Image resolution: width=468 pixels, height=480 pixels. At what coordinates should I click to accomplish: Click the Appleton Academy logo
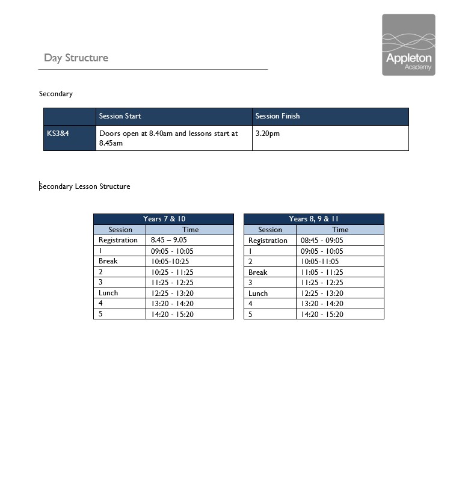[408, 45]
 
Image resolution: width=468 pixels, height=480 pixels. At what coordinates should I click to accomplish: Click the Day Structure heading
[76, 58]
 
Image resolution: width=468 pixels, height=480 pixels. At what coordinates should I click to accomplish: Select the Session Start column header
[120, 116]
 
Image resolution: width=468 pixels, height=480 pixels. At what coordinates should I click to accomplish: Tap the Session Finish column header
[277, 116]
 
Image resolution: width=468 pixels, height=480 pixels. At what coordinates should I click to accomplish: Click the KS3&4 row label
[58, 134]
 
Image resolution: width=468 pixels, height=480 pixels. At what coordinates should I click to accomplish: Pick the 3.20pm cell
[268, 134]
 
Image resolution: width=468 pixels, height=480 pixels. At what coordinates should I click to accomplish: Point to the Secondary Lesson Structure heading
[85, 186]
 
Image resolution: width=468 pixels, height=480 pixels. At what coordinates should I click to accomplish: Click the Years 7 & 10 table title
[164, 219]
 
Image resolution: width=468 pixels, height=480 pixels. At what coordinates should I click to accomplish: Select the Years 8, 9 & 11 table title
[313, 219]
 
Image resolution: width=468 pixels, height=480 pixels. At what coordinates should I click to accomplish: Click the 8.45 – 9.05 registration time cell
[168, 240]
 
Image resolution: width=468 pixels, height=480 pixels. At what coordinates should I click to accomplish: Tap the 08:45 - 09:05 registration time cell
[322, 241]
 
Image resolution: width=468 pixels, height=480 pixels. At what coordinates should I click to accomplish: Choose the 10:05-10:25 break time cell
[170, 262]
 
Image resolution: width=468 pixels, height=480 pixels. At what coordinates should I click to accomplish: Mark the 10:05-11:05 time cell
[319, 262]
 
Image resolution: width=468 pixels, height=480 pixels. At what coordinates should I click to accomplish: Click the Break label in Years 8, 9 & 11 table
[258, 272]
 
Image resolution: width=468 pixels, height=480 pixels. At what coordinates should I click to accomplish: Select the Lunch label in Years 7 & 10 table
[108, 293]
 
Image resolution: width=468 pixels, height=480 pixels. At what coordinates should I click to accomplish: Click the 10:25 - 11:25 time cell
[171, 272]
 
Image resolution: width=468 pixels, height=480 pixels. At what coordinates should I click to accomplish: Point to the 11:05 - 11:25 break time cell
[322, 272]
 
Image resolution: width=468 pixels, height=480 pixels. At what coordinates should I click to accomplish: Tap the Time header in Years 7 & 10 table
[190, 230]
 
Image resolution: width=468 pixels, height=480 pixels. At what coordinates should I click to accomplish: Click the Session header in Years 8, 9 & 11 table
[270, 230]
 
